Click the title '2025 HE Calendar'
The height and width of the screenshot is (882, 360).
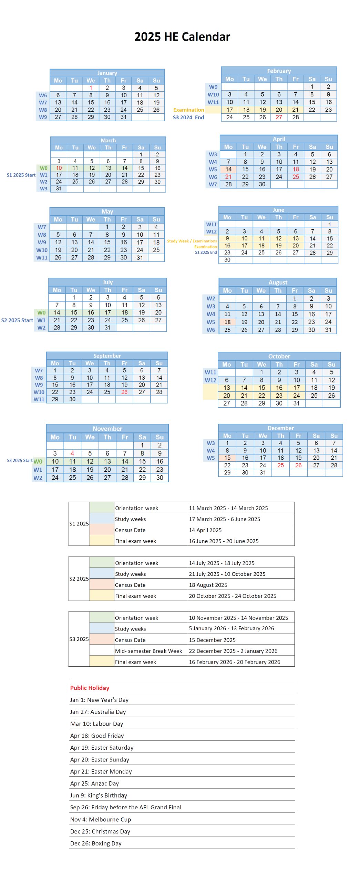click(x=182, y=37)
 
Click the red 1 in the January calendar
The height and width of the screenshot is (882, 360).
click(x=91, y=88)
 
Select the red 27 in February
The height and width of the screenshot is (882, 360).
click(x=279, y=117)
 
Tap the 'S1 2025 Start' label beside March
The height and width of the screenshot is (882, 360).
click(x=21, y=175)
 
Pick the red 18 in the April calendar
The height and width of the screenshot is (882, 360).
click(x=296, y=169)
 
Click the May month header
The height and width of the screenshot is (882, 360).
click(x=107, y=212)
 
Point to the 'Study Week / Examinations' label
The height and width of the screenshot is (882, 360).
click(x=192, y=241)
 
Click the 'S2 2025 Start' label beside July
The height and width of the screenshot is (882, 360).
click(x=17, y=320)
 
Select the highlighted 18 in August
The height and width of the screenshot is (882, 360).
click(x=227, y=322)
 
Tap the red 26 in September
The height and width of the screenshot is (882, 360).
click(x=124, y=392)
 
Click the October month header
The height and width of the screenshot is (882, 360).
click(x=279, y=356)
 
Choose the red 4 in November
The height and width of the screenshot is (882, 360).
click(x=72, y=453)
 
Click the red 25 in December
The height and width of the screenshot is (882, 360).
click(x=280, y=465)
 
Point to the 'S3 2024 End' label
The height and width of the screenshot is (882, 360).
click(x=188, y=117)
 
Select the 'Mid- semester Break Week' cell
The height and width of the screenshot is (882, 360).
click(x=148, y=651)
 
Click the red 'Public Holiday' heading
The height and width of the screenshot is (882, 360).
click(x=90, y=688)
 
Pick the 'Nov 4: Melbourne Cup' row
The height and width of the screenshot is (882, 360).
click(x=101, y=819)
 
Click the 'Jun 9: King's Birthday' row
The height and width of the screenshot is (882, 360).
click(x=99, y=795)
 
